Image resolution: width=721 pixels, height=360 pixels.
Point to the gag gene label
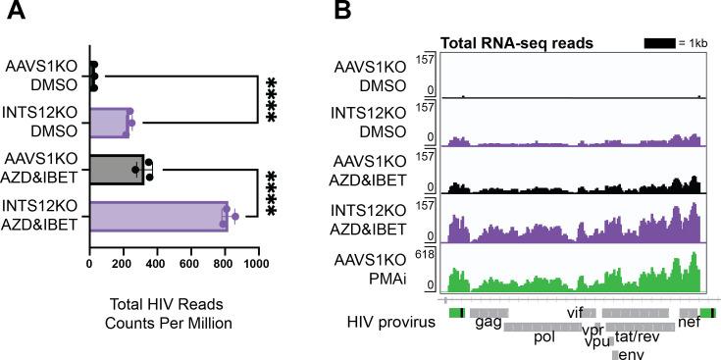click(x=488, y=321)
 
